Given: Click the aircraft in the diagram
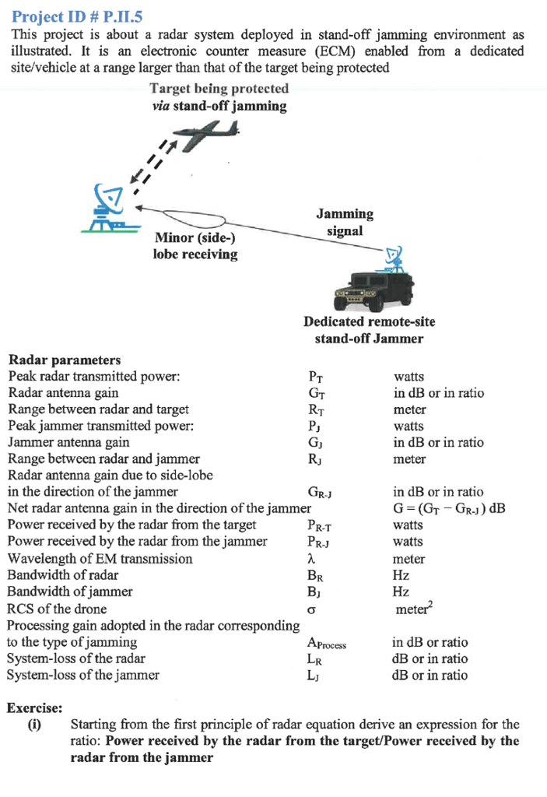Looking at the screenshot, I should click(209, 138).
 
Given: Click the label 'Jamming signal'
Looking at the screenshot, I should click(345, 222).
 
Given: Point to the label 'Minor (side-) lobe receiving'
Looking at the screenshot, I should click(195, 246).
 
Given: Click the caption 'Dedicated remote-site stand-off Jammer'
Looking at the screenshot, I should click(369, 330).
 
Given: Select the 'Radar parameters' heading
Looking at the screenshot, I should click(64, 360).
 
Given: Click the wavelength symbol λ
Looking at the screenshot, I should click(312, 559).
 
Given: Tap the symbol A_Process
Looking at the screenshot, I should click(326, 644).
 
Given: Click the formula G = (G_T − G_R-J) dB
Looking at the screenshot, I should click(451, 508).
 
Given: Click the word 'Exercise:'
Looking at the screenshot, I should click(34, 708).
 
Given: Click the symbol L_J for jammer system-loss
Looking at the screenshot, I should click(314, 676).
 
